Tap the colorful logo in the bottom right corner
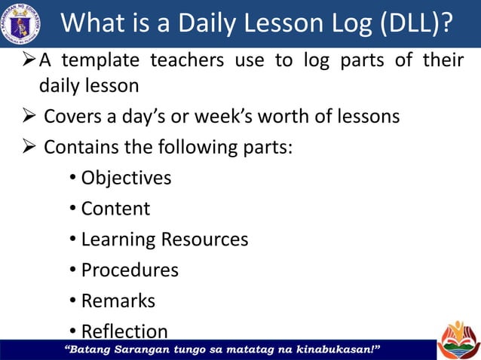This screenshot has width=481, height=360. [458, 339]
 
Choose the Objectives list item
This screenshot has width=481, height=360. [126, 178]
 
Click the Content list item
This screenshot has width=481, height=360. [115, 209]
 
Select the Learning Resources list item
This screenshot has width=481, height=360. [164, 239]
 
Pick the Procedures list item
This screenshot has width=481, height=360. [130, 270]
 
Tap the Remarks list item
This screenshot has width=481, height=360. [118, 301]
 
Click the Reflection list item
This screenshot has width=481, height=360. [124, 331]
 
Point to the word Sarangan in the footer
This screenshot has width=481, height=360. [148, 349]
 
